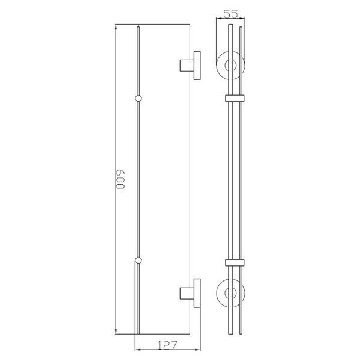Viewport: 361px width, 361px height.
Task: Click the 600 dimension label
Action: [120, 179]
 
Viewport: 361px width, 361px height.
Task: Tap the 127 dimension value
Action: [168, 345]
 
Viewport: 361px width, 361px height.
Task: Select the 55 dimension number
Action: [230, 14]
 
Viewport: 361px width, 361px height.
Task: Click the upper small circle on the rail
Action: [138, 99]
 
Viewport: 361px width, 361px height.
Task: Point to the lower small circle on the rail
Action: [138, 261]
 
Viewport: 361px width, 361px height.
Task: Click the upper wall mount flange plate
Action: [197, 66]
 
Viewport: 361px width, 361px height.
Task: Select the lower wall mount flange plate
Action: [197, 293]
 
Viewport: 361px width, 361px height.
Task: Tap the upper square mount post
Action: [187, 66]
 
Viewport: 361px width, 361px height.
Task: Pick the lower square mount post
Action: [187, 294]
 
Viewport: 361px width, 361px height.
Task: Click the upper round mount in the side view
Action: [217, 66]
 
